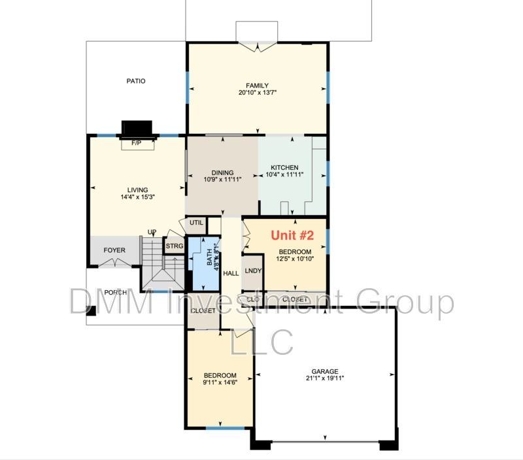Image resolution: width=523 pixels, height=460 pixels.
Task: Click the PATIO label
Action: pyautogui.click(x=136, y=81)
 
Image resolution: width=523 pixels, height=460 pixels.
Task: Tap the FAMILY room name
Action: pyautogui.click(x=257, y=86)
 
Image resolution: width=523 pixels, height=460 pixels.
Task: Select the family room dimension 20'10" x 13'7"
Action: pyautogui.click(x=257, y=93)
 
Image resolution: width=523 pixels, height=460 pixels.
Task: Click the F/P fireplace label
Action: pyautogui.click(x=137, y=142)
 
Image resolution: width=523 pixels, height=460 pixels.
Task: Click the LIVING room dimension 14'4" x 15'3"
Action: pyautogui.click(x=137, y=197)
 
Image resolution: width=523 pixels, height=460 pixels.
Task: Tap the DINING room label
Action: pyautogui.click(x=222, y=172)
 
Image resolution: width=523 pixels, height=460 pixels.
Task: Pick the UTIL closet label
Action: pyautogui.click(x=196, y=223)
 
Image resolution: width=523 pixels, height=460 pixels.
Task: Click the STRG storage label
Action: pyautogui.click(x=174, y=246)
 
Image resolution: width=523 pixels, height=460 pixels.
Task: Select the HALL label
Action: pyautogui.click(x=231, y=273)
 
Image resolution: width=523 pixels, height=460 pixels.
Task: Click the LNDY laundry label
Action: pyautogui.click(x=253, y=271)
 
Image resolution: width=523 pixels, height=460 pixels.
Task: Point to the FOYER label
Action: pyautogui.click(x=114, y=249)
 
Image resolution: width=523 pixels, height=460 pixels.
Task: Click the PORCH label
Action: pyautogui.click(x=116, y=292)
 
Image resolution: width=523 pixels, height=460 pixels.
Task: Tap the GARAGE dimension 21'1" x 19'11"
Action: pyautogui.click(x=324, y=378)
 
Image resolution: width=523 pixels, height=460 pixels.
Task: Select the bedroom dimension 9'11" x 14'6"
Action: pyautogui.click(x=219, y=382)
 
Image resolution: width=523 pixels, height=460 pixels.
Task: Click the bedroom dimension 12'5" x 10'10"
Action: pyautogui.click(x=296, y=258)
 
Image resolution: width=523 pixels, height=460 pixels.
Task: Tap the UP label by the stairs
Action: pyautogui.click(x=152, y=232)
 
